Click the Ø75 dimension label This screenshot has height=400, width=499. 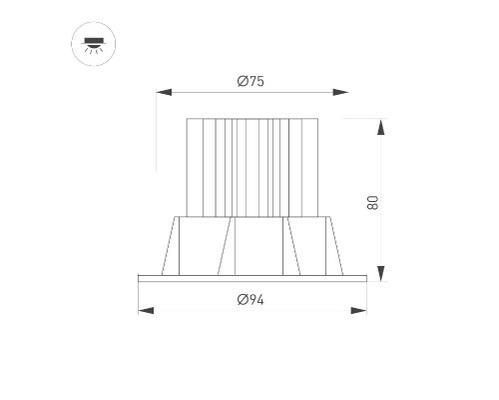[x=250, y=81]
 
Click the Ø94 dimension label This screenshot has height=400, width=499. [x=250, y=300]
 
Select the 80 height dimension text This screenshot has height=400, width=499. [x=373, y=203]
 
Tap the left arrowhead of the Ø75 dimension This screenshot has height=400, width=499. [x=164, y=92]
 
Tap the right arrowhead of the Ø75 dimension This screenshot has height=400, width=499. [x=340, y=92]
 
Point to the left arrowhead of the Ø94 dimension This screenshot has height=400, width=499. [x=146, y=311]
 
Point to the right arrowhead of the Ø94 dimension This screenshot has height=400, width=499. [x=358, y=311]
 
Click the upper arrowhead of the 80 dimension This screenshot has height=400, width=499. [x=381, y=127]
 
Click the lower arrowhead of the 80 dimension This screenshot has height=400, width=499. [x=381, y=273]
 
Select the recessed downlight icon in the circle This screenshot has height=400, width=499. [x=94, y=44]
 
